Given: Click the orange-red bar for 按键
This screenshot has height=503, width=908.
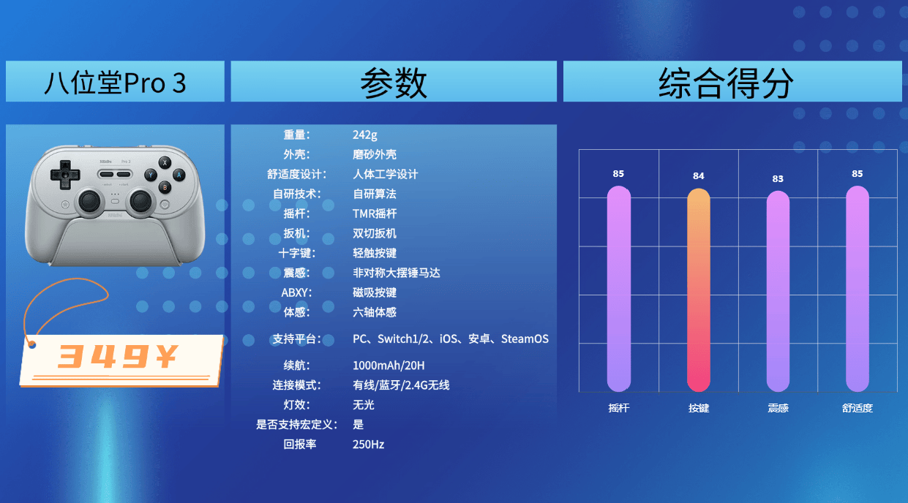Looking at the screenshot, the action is (x=699, y=290).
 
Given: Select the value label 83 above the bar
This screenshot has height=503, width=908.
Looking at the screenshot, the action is (x=778, y=178).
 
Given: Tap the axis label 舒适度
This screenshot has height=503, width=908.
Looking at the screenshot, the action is (x=857, y=408).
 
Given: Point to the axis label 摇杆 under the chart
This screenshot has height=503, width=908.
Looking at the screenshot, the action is (x=618, y=408).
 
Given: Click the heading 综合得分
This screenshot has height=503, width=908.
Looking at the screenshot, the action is (x=725, y=83).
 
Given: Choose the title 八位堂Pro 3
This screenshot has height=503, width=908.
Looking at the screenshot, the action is (x=115, y=83).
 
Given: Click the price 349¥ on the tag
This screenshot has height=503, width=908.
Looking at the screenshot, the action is (x=118, y=356).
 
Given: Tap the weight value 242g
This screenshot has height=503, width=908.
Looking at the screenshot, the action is (x=365, y=135).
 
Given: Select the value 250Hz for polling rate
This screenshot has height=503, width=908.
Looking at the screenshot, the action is (x=368, y=445).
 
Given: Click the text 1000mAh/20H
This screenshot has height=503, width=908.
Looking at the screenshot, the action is (x=389, y=366).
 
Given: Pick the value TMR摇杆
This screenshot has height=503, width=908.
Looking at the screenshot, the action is (x=375, y=213).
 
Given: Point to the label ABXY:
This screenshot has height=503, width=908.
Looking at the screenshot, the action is (x=296, y=292).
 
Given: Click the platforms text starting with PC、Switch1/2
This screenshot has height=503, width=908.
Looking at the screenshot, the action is (x=451, y=339).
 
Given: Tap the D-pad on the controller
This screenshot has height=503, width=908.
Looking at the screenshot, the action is (x=65, y=175).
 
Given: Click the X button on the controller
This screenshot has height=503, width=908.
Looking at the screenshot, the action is (x=165, y=163).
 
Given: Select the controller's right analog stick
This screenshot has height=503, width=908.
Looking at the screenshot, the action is (x=140, y=201).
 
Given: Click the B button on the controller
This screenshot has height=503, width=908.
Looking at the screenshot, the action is (x=165, y=187).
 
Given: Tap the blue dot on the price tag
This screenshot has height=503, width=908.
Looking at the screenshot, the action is (x=32, y=344).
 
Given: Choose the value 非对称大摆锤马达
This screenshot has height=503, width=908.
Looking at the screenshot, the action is (x=396, y=273).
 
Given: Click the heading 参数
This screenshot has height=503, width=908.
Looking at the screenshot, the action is (x=394, y=83).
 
